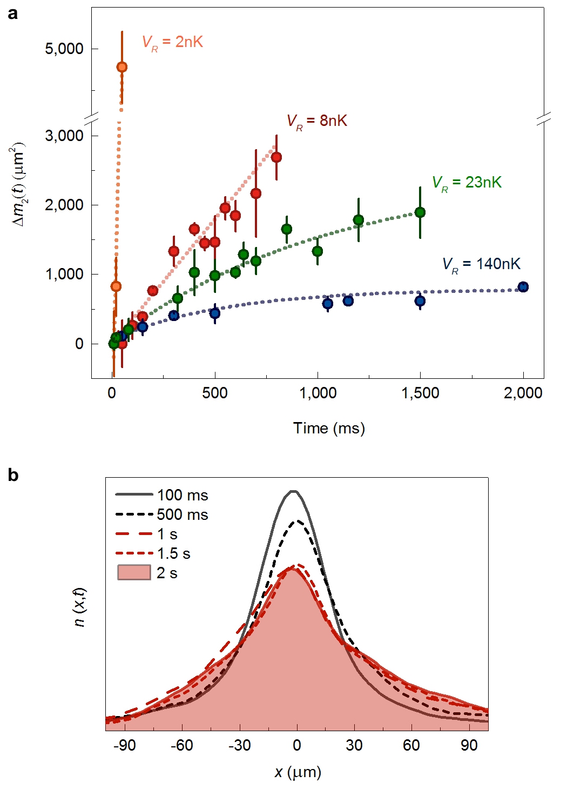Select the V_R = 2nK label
[172, 42]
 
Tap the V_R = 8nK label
[316, 121]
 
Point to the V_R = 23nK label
[467, 183]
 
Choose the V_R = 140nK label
[481, 264]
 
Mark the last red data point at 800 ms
[276, 157]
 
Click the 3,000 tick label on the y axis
[64, 136]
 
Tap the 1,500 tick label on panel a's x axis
[420, 393]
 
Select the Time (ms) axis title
[329, 429]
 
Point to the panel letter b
[13, 475]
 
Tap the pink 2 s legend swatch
[134, 573]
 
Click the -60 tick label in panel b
[182, 745]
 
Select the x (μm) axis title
[298, 772]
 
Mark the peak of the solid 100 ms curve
[293, 491]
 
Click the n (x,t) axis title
[80, 607]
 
